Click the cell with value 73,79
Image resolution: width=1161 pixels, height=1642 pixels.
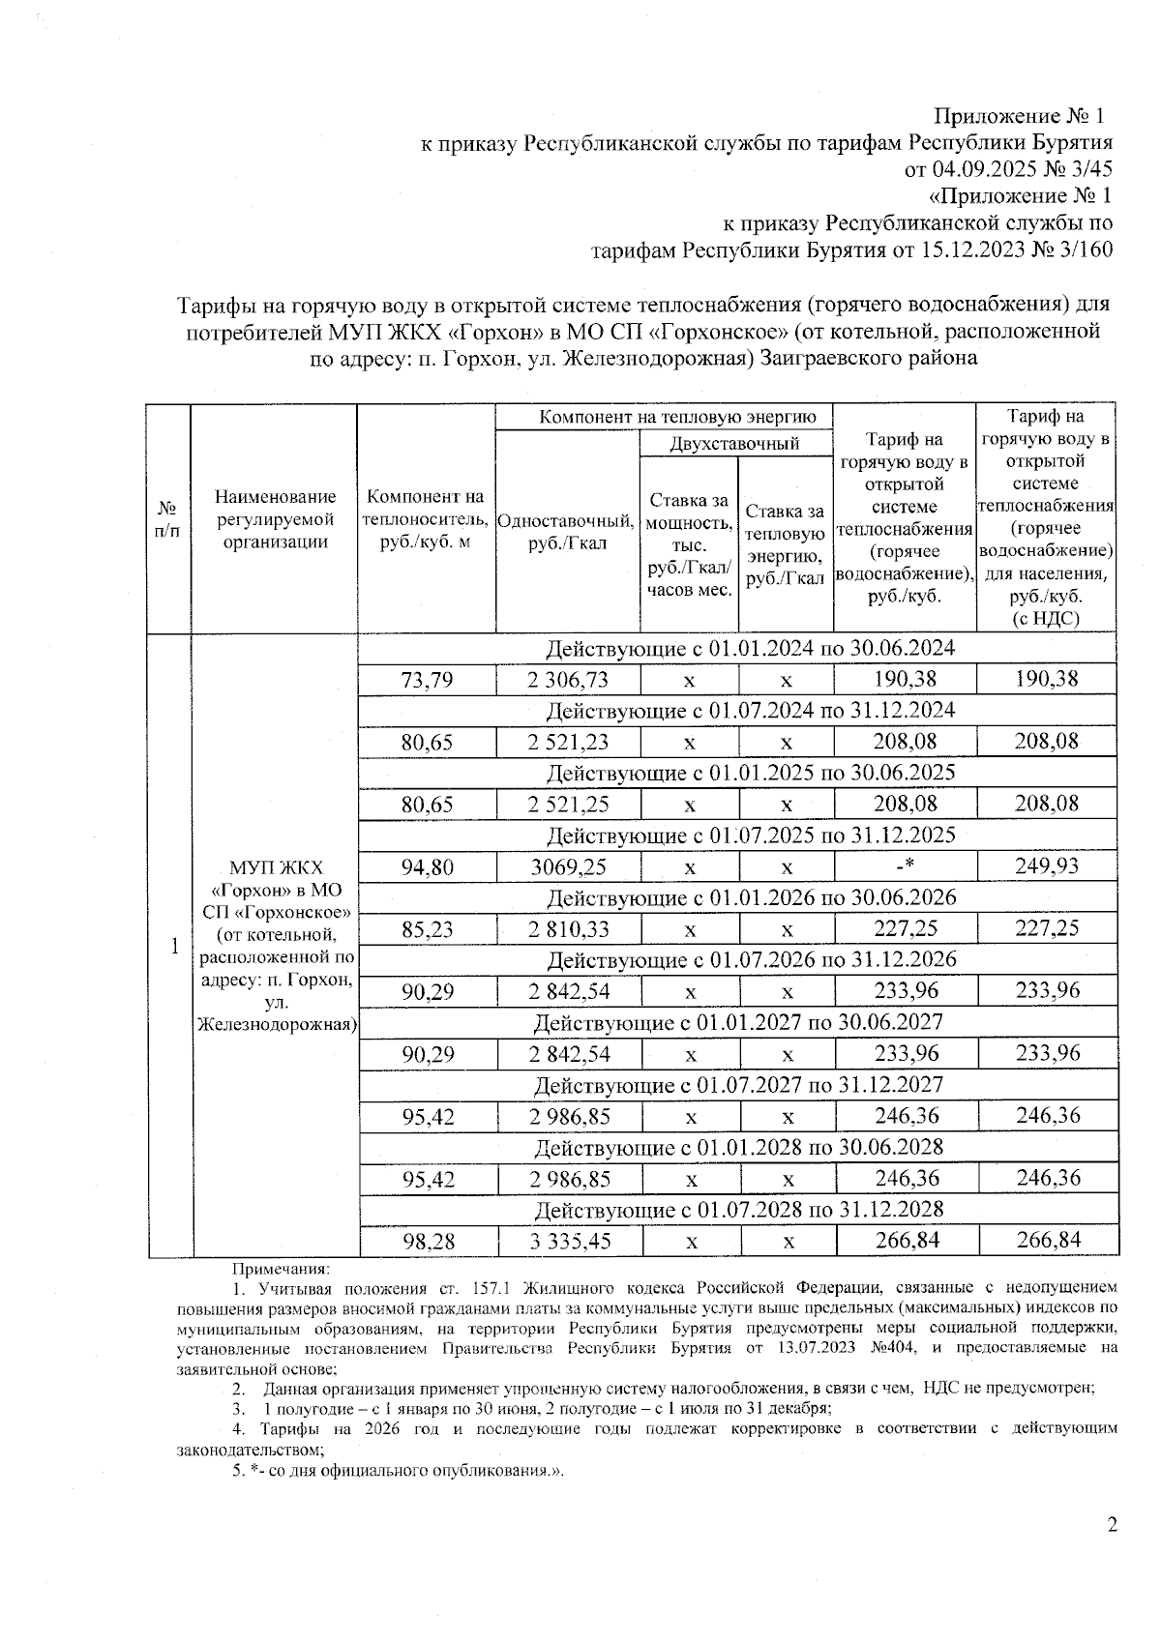click(x=427, y=680)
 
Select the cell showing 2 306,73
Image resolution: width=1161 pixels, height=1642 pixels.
click(x=568, y=680)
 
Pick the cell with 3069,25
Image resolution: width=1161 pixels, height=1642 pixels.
click(x=568, y=866)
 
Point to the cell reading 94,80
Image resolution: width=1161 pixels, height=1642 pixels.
click(x=427, y=866)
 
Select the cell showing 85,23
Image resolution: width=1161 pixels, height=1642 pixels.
click(x=427, y=929)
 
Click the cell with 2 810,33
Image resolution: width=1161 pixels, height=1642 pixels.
click(x=568, y=929)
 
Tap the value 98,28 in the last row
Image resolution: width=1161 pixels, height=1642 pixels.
click(x=427, y=1241)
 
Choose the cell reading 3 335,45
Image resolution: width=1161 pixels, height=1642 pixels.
click(x=568, y=1241)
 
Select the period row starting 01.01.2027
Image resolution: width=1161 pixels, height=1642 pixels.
click(x=737, y=1022)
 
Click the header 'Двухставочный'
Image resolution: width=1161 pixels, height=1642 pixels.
click(x=735, y=444)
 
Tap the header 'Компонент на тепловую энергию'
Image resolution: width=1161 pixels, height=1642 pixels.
click(x=664, y=418)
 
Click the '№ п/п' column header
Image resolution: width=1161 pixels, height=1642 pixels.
click(x=168, y=519)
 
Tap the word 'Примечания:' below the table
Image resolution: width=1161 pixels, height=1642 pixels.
click(x=282, y=1268)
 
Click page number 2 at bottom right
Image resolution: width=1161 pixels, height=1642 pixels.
click(x=1112, y=1525)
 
